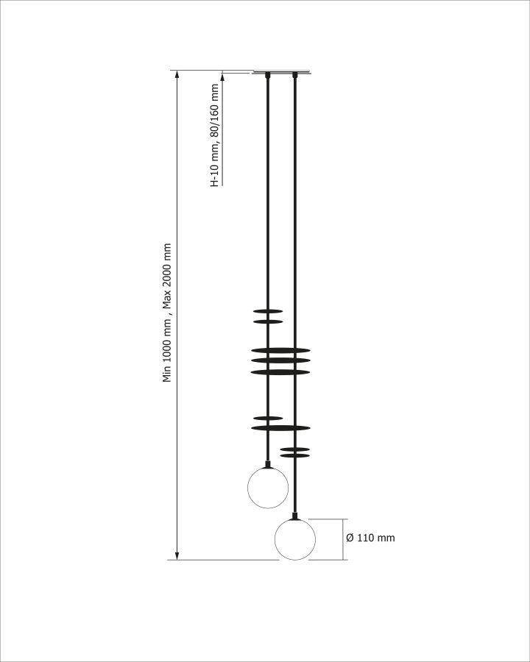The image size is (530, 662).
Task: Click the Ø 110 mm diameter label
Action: pos(370,538)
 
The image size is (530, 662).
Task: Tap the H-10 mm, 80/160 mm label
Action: pos(215,135)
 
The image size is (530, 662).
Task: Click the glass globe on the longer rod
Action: pos(295,540)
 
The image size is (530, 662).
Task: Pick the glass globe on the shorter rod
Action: pos(268,488)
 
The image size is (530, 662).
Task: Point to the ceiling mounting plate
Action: pos(281,72)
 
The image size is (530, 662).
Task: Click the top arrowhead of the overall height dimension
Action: pos(177,74)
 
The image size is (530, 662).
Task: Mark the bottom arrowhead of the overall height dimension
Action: pos(177,555)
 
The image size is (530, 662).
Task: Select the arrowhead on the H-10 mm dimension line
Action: pos(222,76)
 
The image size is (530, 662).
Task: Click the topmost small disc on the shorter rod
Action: pos(268,312)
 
